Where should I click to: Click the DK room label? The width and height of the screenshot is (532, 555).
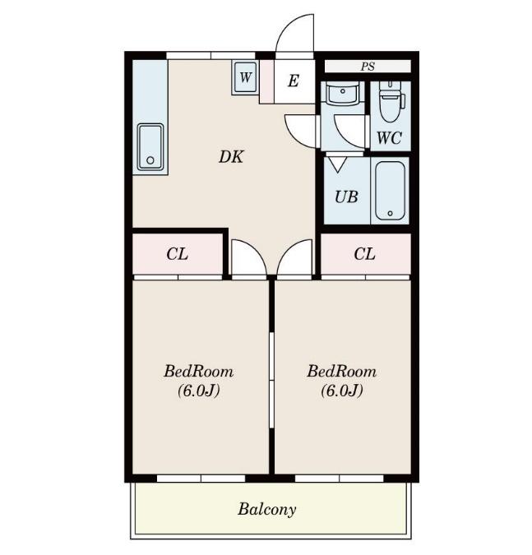(x=231, y=157)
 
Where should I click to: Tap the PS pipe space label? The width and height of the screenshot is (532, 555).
(x=368, y=67)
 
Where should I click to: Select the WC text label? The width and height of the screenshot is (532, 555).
(x=389, y=137)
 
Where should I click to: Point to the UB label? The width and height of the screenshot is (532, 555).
(x=346, y=197)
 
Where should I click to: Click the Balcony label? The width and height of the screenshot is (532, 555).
(x=267, y=509)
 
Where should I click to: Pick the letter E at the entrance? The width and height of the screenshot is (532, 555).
(x=293, y=81)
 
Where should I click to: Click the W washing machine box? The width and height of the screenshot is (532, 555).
(x=245, y=77)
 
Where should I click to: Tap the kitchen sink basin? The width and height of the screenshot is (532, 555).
(x=150, y=147)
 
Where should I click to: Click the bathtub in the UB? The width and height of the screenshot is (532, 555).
(x=390, y=191)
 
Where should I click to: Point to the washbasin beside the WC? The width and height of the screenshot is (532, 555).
(x=342, y=93)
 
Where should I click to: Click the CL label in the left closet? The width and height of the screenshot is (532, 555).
(x=177, y=254)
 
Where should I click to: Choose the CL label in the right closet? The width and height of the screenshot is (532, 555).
(x=364, y=254)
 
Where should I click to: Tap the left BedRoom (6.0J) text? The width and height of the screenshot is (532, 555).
(x=198, y=381)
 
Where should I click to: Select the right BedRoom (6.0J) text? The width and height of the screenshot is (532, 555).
(x=341, y=381)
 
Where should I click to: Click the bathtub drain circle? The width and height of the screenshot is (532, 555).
(x=390, y=214)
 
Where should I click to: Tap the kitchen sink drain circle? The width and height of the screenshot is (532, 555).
(x=150, y=160)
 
